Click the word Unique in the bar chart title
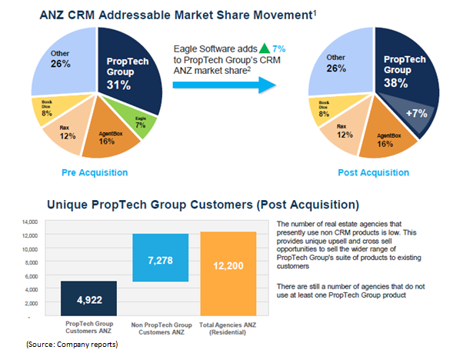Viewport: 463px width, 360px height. click(72, 205)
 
